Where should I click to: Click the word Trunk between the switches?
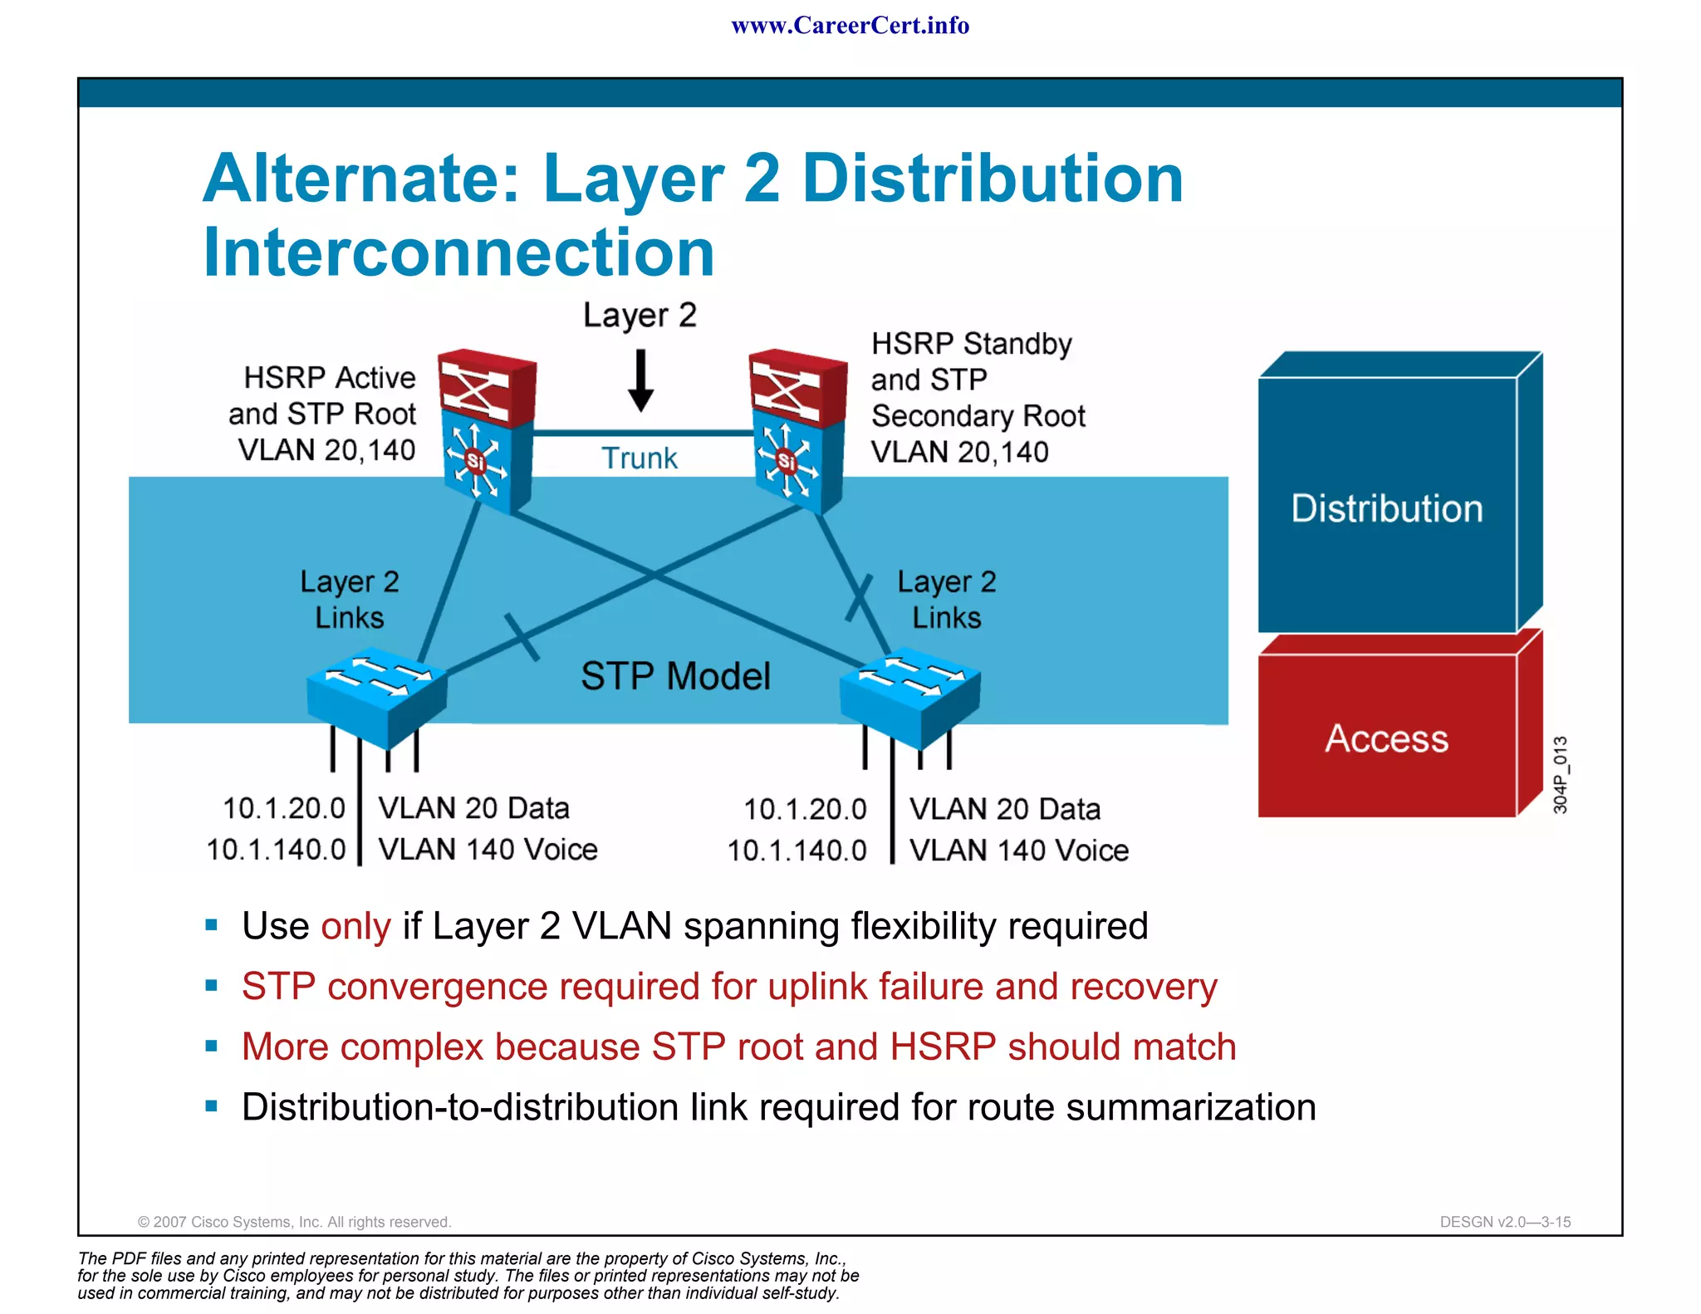tap(639, 458)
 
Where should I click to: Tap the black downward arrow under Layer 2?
tap(640, 381)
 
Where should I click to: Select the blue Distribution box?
tap(1386, 507)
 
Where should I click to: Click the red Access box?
tap(1386, 738)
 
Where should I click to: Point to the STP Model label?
tap(675, 676)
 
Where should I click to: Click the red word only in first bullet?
tap(355, 926)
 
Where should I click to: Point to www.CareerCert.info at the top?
tap(850, 26)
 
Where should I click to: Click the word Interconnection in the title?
tap(458, 253)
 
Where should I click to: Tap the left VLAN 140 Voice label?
tap(488, 850)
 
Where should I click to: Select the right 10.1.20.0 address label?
tap(804, 809)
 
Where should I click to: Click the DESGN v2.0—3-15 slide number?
tap(1505, 1222)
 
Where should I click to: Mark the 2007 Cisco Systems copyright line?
tap(294, 1222)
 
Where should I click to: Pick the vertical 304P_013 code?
tap(1561, 774)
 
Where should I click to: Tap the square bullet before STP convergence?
tap(211, 986)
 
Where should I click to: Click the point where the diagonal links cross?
tap(654, 573)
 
